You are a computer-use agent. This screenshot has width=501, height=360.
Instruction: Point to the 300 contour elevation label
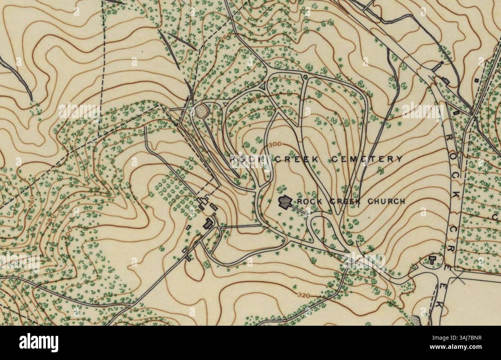coord(274,144)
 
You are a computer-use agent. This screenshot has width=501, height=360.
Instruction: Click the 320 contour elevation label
coord(304,295)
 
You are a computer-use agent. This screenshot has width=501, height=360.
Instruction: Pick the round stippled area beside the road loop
coord(202,111)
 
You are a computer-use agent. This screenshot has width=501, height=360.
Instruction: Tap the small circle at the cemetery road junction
coord(305,77)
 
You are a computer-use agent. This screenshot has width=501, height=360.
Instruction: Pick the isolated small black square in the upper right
coord(477,80)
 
